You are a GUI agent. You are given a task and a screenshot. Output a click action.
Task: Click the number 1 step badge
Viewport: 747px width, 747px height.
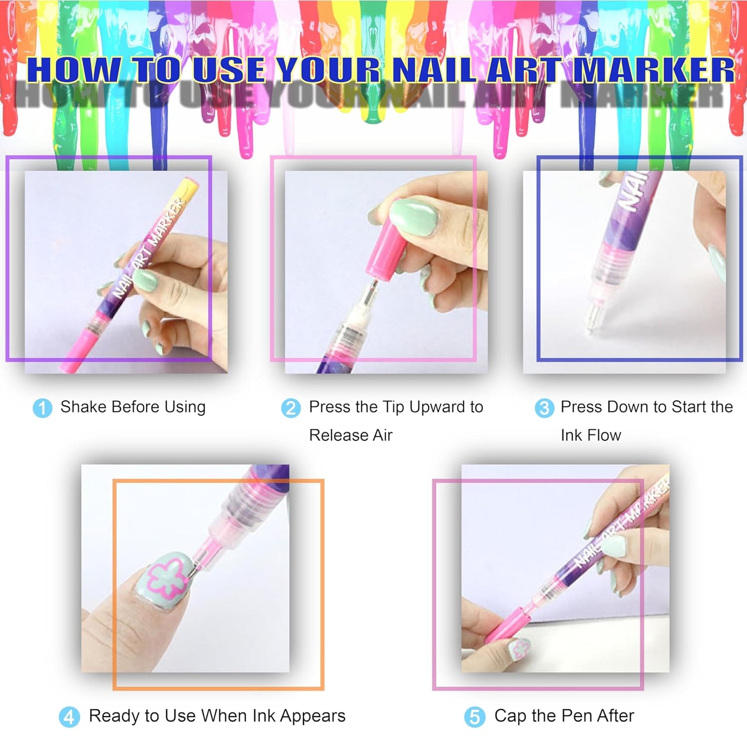pos(42,408)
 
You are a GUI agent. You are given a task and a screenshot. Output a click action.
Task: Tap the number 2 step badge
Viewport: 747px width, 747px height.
pos(291,408)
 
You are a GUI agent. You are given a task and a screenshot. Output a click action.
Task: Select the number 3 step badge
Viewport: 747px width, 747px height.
pos(544,408)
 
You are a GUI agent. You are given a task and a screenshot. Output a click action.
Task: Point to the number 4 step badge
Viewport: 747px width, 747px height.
pos(69,718)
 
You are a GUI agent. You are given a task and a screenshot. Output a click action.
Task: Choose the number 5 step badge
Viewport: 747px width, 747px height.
pos(475,718)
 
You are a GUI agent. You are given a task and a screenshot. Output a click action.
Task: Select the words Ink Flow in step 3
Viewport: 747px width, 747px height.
pos(590,435)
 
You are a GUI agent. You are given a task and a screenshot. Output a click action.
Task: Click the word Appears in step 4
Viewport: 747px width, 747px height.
pos(313,716)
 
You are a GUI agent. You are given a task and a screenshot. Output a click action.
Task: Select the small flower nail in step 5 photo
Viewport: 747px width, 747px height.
pos(520,649)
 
